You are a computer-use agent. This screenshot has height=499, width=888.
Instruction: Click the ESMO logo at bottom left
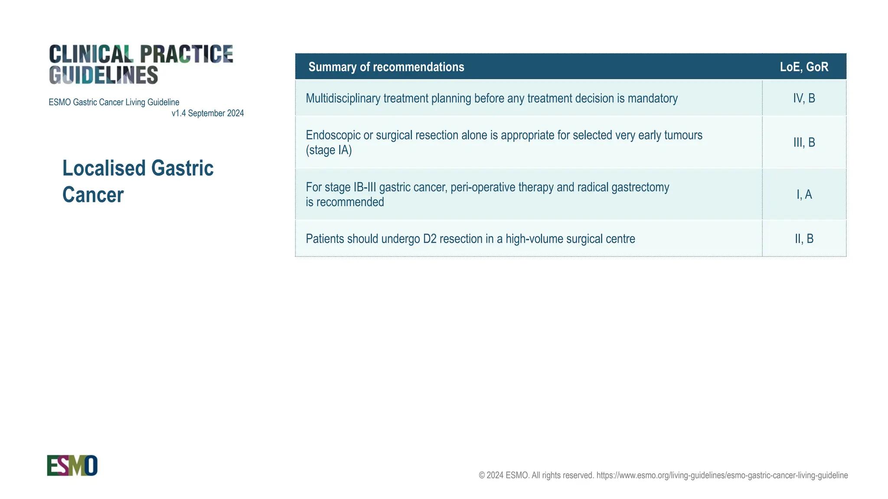(72, 465)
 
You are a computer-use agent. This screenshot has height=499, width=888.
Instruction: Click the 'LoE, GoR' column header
(804, 67)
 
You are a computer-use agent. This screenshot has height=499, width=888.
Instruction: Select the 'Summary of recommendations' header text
(386, 67)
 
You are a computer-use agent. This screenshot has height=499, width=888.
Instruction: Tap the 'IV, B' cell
(804, 98)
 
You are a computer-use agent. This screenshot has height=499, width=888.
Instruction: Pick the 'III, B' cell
(804, 143)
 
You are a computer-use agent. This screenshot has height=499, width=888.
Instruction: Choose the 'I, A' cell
(804, 194)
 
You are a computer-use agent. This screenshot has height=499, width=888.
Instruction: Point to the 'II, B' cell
(804, 239)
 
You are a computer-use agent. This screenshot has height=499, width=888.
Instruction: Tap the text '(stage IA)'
(329, 150)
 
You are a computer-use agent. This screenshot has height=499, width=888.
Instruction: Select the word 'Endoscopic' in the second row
(333, 135)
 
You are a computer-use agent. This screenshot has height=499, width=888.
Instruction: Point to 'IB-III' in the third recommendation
(365, 187)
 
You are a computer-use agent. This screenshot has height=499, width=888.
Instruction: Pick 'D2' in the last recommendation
(430, 239)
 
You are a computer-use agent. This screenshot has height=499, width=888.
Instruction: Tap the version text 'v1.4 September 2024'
(208, 113)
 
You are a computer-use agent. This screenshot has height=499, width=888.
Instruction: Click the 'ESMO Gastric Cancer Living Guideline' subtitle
(114, 102)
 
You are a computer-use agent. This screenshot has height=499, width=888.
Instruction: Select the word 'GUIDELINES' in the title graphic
(103, 75)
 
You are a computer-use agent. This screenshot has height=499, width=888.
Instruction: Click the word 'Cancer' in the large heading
(93, 195)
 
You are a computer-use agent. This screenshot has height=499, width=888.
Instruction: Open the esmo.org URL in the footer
(722, 475)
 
